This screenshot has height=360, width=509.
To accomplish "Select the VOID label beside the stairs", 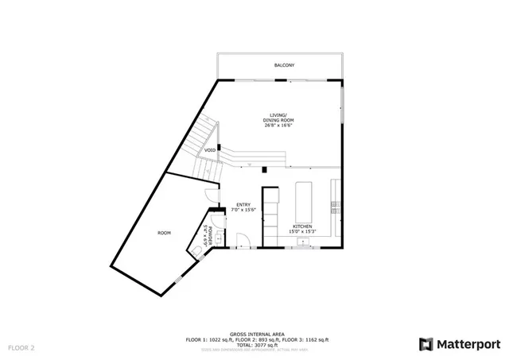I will pyautogui.click(x=210, y=149).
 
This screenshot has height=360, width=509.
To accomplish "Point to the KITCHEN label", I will pyautogui.click(x=301, y=226).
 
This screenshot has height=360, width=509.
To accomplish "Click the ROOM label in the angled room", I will pyautogui.click(x=164, y=233).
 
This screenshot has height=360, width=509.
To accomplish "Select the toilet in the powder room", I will pyautogui.click(x=196, y=250).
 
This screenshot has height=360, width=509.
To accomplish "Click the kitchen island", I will pyautogui.click(x=303, y=201).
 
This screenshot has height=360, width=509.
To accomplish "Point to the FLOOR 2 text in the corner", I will pyautogui.click(x=21, y=348).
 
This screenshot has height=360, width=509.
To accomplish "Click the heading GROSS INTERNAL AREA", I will pyautogui.click(x=254, y=334).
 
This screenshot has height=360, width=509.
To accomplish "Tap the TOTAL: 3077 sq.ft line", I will pyautogui.click(x=254, y=344).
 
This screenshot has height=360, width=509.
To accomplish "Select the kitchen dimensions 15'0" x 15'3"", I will pyautogui.click(x=301, y=232).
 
